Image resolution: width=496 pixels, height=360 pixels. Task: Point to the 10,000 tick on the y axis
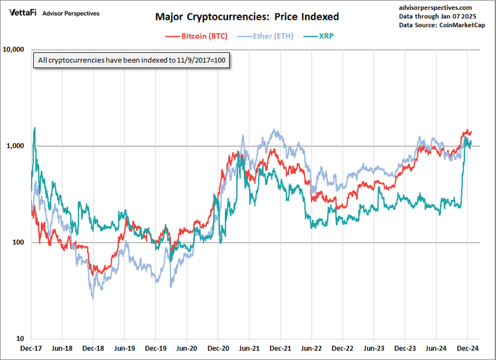tap(15, 50)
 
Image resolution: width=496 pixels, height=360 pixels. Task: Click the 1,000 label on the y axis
tap(17, 146)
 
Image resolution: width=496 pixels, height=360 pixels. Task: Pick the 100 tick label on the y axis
tap(20, 243)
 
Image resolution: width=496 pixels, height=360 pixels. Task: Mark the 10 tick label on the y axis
tap(22, 339)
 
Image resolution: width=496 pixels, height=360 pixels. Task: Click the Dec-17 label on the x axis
tap(32, 347)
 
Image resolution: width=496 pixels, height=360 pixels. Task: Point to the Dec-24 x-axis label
tap(466, 347)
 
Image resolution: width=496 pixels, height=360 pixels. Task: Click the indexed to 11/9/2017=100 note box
tap(131, 61)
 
